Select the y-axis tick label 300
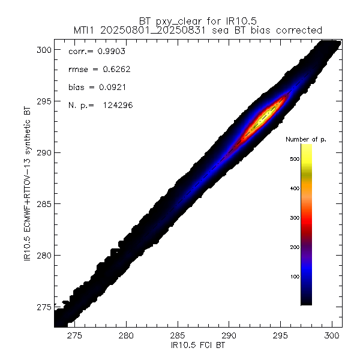[43, 49]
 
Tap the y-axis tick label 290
[43, 152]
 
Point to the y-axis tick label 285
[43, 203]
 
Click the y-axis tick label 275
[43, 307]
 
